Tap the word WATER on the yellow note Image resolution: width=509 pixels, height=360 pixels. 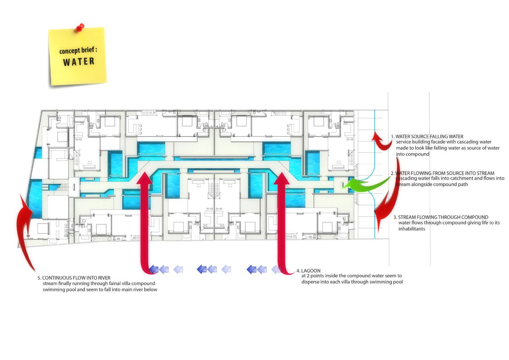tap(79, 61)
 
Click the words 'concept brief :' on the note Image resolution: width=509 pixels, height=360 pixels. tap(78, 51)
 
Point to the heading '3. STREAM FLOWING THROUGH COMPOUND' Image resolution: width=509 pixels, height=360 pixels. tap(443, 217)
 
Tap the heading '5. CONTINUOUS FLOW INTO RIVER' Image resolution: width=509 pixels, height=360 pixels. tap(76, 278)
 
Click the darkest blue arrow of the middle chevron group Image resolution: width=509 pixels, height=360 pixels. tap(201, 269)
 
